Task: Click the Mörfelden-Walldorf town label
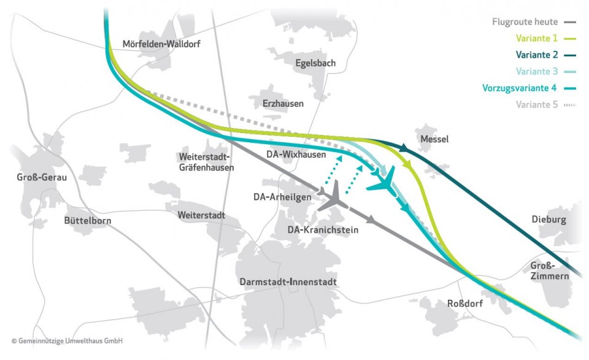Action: click(161, 44)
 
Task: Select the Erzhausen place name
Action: click(282, 104)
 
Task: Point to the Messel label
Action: click(434, 139)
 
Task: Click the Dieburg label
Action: click(549, 220)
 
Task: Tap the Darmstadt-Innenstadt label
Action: click(287, 281)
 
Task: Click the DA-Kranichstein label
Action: click(323, 229)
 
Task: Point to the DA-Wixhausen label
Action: click(296, 155)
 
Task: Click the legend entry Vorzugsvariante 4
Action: click(520, 88)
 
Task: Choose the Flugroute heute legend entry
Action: click(525, 22)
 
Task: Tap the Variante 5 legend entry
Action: click(537, 104)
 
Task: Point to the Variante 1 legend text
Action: click(537, 38)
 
